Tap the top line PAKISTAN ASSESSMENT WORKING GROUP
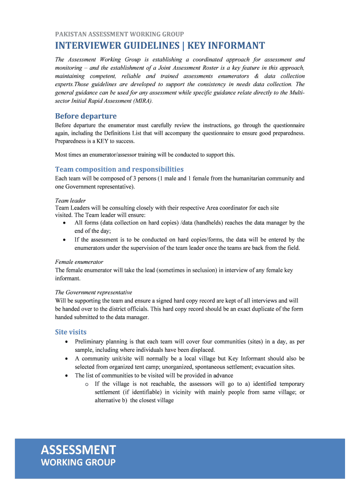click(119, 34)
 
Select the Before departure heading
click(86, 116)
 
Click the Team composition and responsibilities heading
click(119, 169)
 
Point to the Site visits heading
click(71, 332)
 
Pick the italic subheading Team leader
click(70, 201)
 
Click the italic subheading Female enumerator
click(79, 262)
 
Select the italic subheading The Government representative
click(94, 292)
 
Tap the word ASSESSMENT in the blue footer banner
click(78, 450)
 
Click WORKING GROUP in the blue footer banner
click(78, 463)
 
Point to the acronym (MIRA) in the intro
click(141, 101)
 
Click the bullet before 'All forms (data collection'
click(64, 223)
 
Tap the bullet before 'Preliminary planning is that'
click(64, 342)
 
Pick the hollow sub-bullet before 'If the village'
click(87, 384)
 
